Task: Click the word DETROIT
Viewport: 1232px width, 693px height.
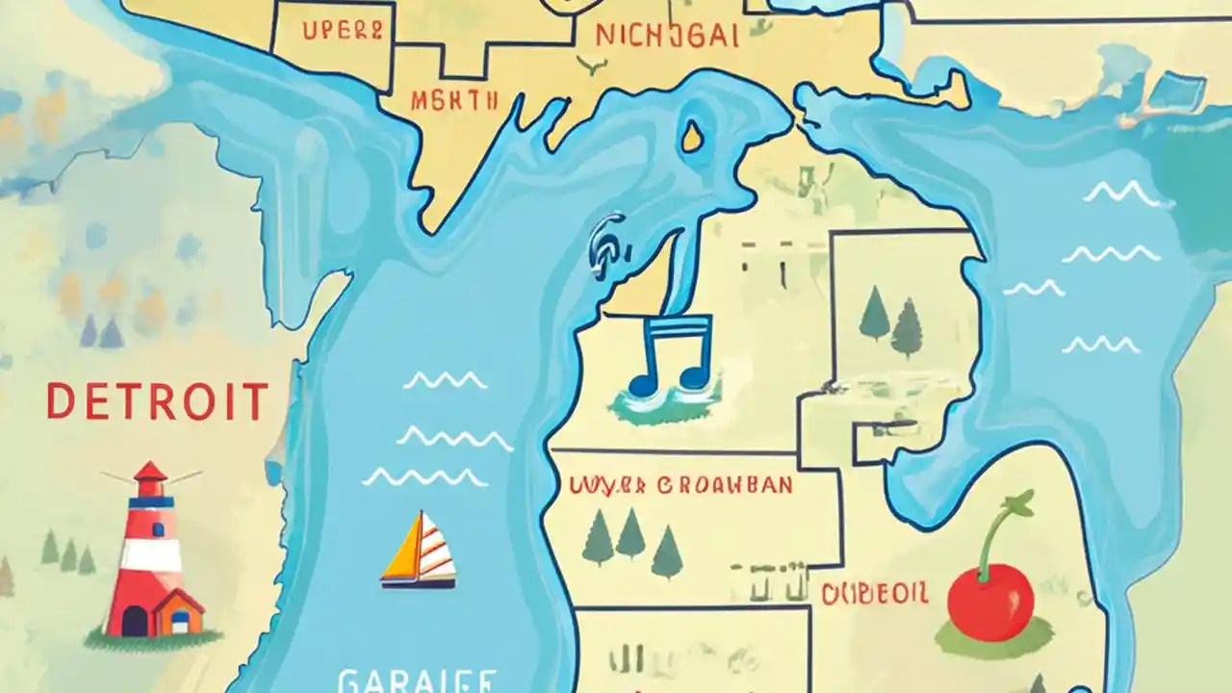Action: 157,401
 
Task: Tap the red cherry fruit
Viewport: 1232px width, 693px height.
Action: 989,602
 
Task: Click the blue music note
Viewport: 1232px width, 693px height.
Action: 671,356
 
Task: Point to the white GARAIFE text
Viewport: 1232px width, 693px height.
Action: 417,680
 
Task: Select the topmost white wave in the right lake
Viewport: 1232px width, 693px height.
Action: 1121,194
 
